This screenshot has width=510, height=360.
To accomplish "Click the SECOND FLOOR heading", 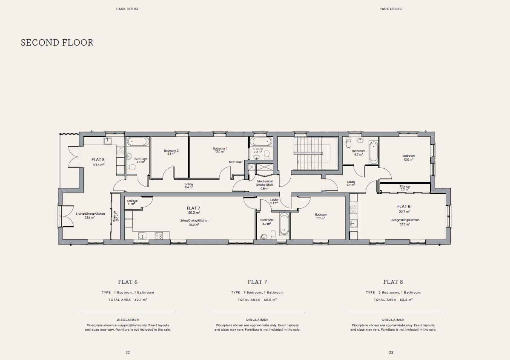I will [x=57, y=43].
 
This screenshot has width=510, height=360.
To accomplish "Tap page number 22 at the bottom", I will [x=128, y=352].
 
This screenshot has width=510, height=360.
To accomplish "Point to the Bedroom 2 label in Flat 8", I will [x=171, y=152].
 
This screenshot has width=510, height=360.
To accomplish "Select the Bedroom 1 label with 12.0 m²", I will [x=220, y=150].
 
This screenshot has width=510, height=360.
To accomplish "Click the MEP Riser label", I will [x=235, y=162].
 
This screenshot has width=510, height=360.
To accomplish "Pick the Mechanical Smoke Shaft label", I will [x=265, y=184].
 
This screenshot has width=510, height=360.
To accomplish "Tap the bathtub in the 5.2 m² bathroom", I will [x=373, y=152].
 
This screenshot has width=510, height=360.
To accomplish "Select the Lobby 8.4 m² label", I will [x=189, y=186].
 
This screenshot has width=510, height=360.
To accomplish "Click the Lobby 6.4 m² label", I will [x=351, y=183].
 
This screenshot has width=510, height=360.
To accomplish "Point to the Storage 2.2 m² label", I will [x=405, y=188].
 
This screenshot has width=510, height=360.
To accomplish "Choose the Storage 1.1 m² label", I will [x=132, y=202].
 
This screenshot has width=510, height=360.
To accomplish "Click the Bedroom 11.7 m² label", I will [x=321, y=216].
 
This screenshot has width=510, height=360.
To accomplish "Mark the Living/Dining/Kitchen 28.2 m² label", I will [x=194, y=222].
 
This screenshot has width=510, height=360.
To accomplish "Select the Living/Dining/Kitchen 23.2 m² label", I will [x=404, y=222].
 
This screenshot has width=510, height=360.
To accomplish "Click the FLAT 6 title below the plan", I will [x=128, y=282].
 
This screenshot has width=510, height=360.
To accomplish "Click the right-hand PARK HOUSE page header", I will [x=391, y=9].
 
